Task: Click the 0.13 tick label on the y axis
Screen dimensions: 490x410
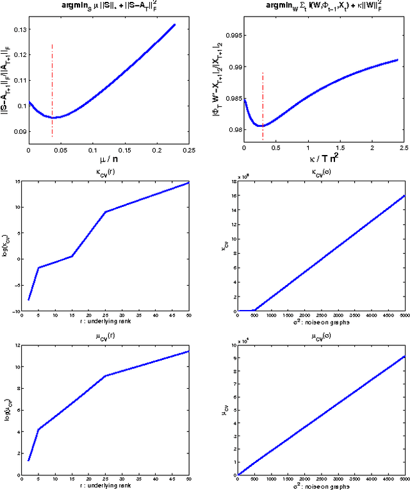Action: click(18, 29)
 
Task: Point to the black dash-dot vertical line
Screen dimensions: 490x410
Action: click(52, 90)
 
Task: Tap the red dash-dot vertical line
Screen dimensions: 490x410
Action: click(263, 102)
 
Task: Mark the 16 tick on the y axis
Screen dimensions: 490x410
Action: click(229, 196)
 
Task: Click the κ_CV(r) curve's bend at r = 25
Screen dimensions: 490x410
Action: click(104, 212)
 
